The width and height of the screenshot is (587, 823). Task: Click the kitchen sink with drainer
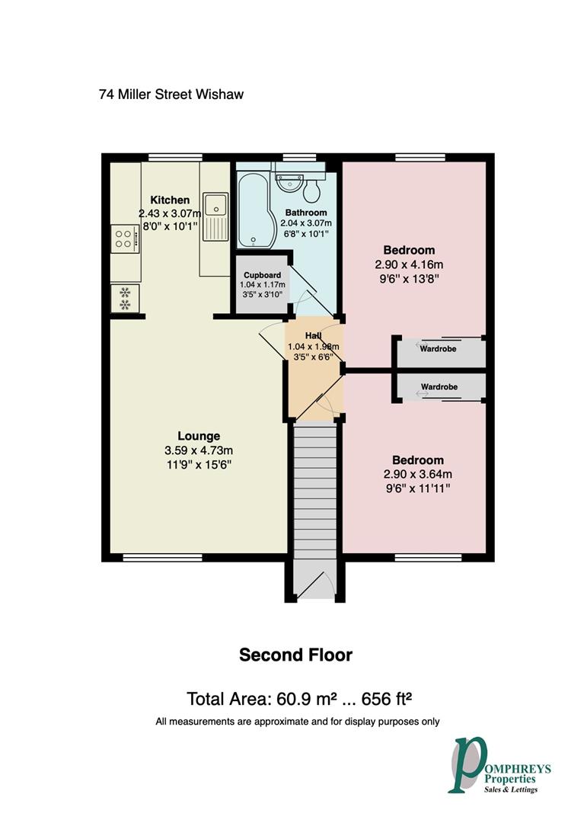[215, 216]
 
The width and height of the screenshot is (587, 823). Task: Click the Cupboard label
[262, 275]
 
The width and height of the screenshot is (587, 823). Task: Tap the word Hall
[313, 335]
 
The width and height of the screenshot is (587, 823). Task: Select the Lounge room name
[199, 437]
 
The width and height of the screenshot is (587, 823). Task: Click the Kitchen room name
[169, 200]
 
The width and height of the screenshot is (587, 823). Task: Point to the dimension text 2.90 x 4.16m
[409, 264]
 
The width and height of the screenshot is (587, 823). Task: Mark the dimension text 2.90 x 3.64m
[417, 474]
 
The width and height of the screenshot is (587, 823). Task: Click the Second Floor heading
[295, 655]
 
